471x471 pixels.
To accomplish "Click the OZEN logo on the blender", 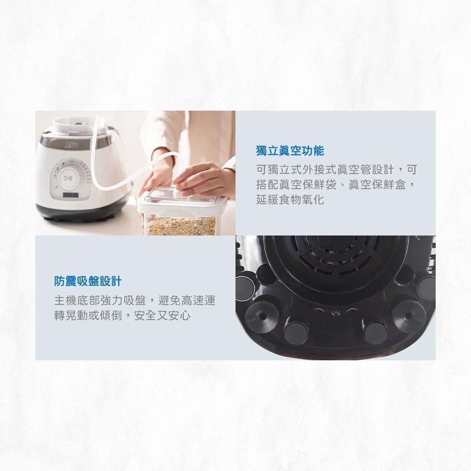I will click(69, 142).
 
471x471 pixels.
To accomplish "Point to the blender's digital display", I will click(70, 194).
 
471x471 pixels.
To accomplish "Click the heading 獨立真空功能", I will click(290, 151).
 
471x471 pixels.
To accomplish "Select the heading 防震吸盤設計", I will click(88, 281).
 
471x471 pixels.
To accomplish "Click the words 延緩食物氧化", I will click(290, 199).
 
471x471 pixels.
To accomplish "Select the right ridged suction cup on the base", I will click(408, 315).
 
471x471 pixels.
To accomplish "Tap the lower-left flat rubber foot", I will click(296, 331).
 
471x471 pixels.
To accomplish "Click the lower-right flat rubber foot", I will click(375, 331).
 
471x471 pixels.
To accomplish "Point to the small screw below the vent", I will click(335, 312).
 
